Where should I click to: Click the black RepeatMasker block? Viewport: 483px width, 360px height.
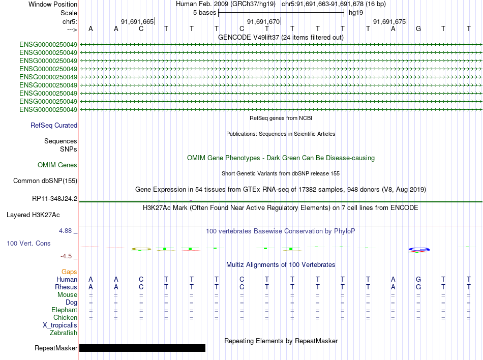point(142,348)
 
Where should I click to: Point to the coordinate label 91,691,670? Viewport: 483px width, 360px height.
point(263,21)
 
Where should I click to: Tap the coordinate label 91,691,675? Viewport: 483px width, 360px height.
point(389,21)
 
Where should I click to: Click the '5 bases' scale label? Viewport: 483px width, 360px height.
point(204,12)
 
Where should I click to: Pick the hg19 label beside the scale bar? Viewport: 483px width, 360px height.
point(355,12)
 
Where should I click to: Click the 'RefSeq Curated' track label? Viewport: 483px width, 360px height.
point(54,125)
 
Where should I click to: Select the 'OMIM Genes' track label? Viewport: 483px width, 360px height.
point(57,165)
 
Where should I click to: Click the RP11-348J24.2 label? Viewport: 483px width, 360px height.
point(54,198)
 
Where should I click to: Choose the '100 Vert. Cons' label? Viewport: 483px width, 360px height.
point(28,244)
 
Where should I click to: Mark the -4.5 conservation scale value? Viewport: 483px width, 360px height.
point(67,256)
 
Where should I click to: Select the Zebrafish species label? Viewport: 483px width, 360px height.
point(64,333)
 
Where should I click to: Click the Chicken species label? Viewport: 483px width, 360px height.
point(65,318)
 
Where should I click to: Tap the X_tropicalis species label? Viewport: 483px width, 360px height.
point(60,325)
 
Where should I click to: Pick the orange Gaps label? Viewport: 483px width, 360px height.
point(69,272)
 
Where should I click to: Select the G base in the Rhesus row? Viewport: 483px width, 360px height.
point(418,287)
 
